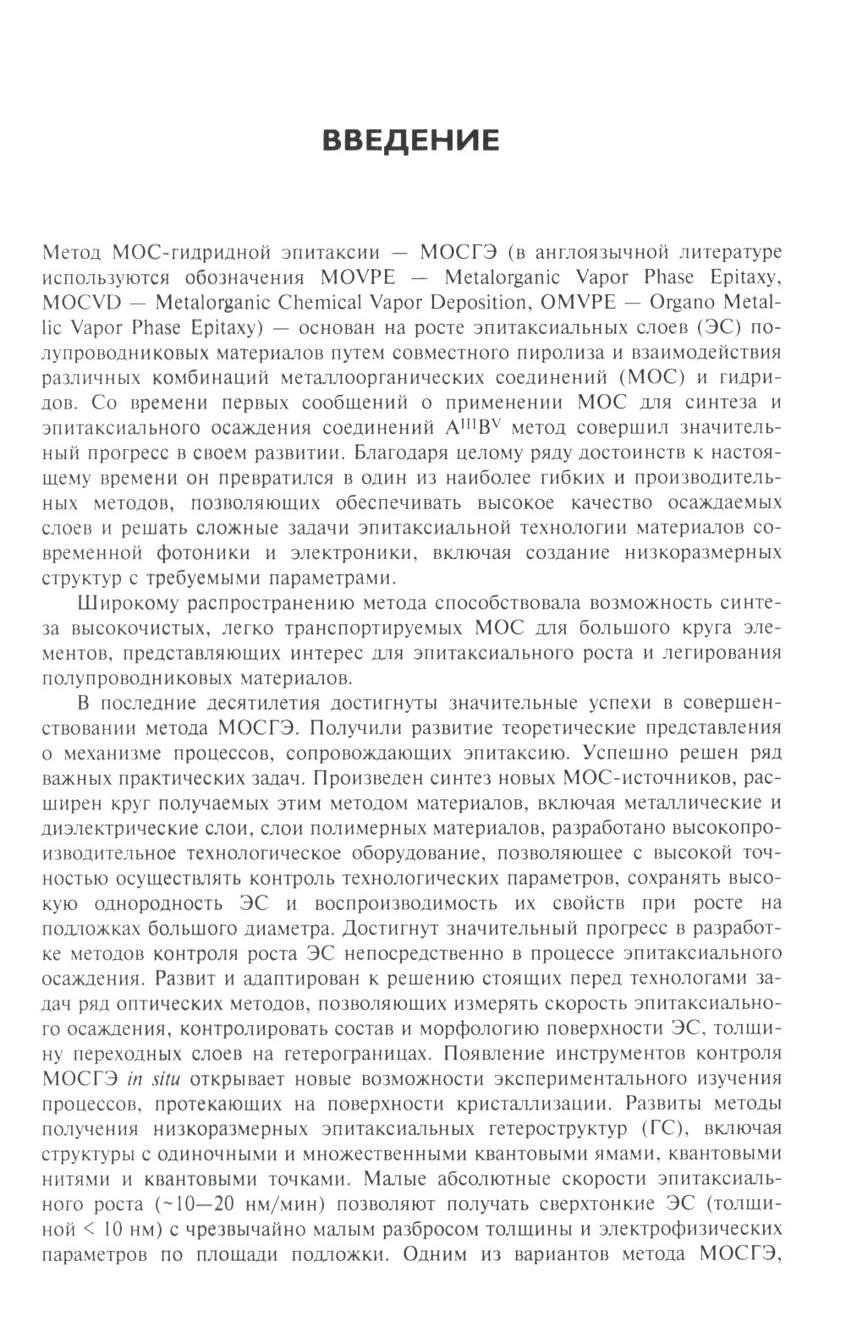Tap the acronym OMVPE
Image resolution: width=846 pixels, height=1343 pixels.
click(586, 302)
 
